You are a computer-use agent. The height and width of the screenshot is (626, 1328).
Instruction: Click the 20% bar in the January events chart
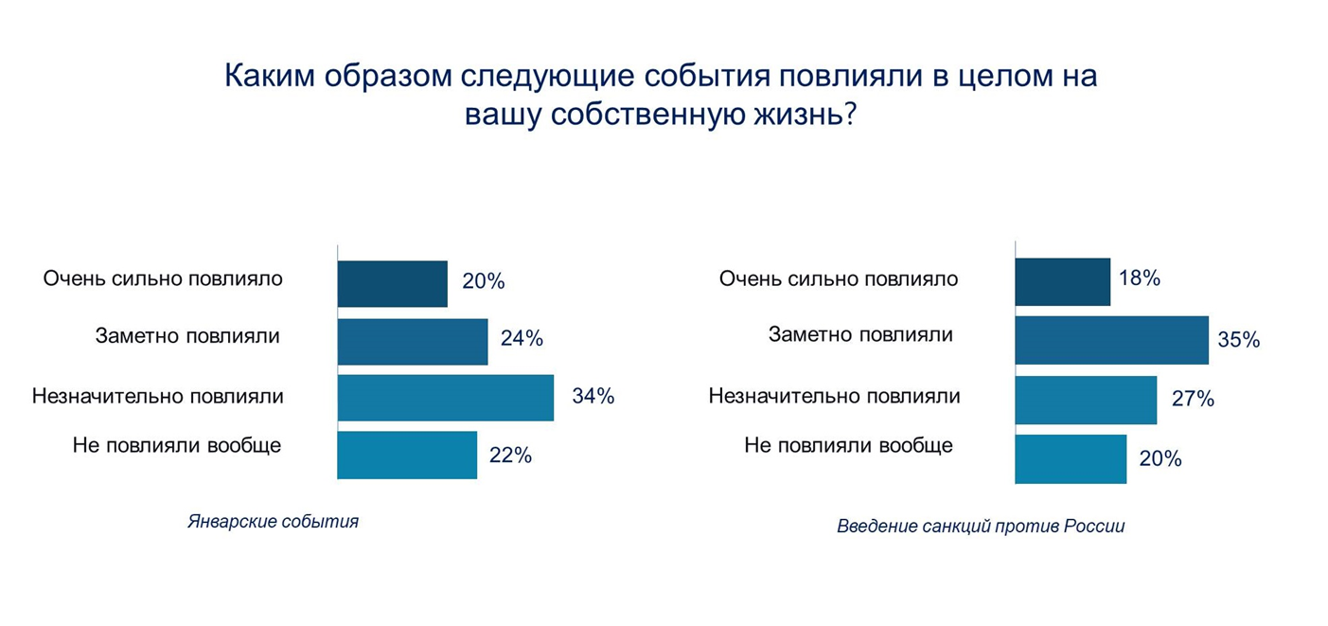(x=392, y=284)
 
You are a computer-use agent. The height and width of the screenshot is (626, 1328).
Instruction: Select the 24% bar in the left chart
(x=412, y=342)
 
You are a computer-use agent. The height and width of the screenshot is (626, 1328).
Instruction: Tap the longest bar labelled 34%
(x=445, y=398)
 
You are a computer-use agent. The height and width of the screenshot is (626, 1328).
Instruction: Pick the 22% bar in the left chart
(x=407, y=456)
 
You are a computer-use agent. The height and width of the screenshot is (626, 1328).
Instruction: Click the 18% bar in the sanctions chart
(x=1062, y=281)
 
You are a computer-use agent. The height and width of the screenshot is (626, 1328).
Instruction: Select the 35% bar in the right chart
(x=1111, y=340)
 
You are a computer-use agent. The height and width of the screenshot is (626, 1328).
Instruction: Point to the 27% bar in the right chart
(x=1086, y=400)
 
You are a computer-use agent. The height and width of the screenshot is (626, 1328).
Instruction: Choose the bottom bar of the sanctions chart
(x=1071, y=459)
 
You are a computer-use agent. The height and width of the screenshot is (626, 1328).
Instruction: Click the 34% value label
(x=593, y=397)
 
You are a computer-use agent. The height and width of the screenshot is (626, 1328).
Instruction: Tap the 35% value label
(x=1239, y=340)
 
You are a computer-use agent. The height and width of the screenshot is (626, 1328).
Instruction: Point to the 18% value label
(x=1139, y=278)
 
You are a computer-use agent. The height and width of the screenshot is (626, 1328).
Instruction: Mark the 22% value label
(x=511, y=456)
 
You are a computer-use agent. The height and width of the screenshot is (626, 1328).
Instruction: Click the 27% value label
(x=1193, y=399)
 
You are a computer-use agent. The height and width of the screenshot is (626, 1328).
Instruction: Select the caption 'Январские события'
(x=273, y=522)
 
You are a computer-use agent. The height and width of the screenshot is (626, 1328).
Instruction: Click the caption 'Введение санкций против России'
(x=981, y=527)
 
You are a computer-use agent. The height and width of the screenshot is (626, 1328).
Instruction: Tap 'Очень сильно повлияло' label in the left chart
(x=163, y=279)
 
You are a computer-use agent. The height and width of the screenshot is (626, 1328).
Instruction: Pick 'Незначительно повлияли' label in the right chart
(x=834, y=396)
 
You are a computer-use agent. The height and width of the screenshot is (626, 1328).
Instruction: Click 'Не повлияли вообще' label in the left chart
(x=177, y=445)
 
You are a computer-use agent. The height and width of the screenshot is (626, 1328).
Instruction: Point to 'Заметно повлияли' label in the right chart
(x=860, y=334)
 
